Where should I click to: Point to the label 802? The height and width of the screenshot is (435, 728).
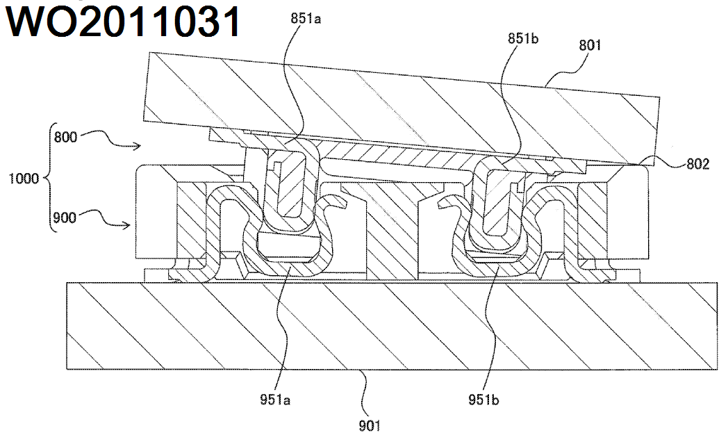click(697, 165)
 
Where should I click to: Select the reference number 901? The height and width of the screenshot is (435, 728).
click(370, 424)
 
